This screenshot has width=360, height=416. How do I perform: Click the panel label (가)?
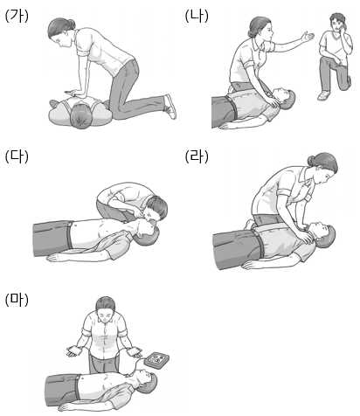17,17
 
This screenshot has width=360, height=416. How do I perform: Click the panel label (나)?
197,17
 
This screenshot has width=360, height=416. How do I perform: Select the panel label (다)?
17,156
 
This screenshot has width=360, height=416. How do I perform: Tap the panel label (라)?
197,156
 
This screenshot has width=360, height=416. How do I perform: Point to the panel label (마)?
17,300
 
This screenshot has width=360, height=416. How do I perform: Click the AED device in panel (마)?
158,361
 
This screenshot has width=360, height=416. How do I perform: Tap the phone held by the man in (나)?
343,25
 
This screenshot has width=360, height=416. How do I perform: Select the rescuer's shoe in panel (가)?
170,107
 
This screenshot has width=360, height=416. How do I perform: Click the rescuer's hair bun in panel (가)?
71,23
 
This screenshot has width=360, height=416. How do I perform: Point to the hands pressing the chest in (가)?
73,93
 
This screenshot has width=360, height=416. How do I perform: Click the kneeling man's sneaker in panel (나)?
324,95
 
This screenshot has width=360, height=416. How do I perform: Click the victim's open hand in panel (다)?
56,258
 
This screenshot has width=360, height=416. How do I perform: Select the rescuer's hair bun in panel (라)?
311,160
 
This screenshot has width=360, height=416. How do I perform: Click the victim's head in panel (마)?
147,380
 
